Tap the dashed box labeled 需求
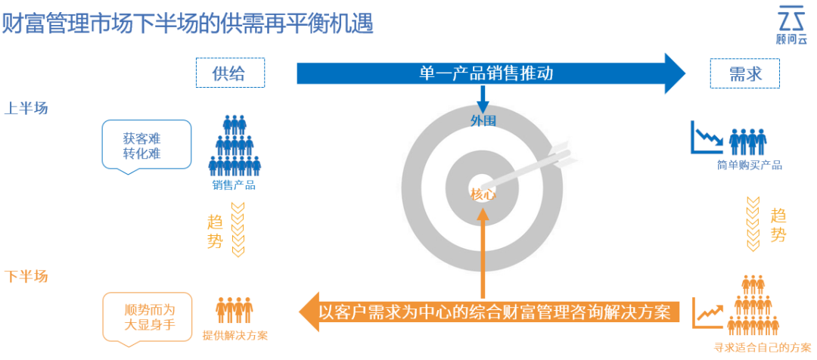744,73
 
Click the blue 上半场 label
26,108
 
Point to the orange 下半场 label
26,276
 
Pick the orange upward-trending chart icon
708,311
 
